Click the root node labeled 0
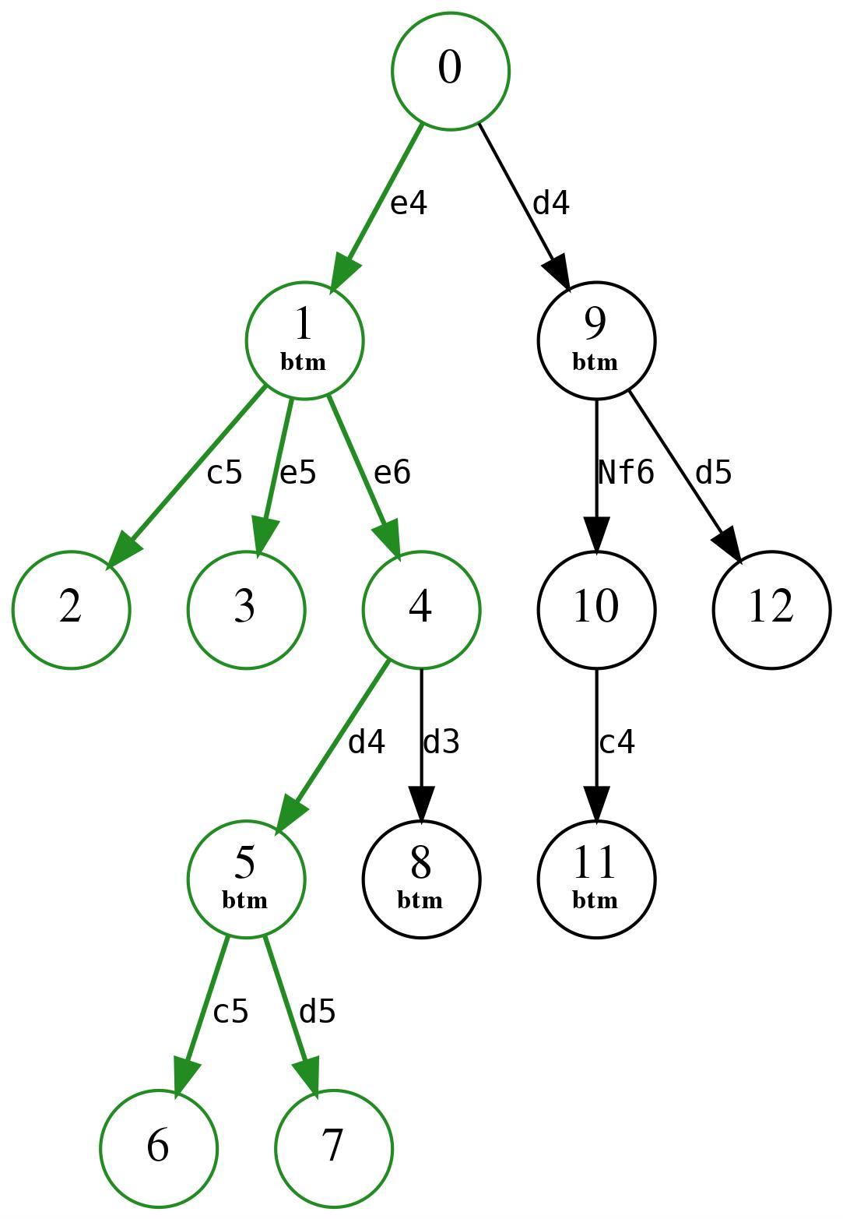pos(450,71)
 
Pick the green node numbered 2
pos(70,609)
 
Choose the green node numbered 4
pos(420,609)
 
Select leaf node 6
pos(158,1148)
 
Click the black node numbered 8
pos(420,879)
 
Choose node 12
pos(771,609)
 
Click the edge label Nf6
pos(625,472)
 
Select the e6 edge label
pos(392,472)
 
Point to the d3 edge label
pos(441,742)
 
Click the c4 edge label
pos(616,742)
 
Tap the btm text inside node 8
pos(420,900)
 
